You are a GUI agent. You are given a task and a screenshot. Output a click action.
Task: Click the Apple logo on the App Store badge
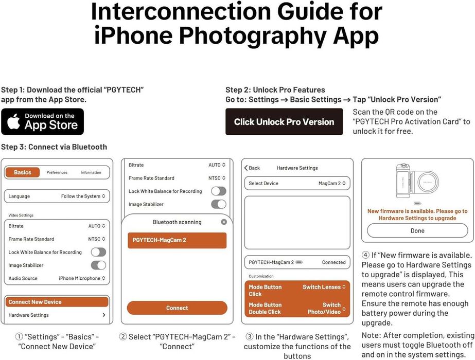coord(13,121)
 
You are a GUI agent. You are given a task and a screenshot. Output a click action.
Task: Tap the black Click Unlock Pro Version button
coord(284,122)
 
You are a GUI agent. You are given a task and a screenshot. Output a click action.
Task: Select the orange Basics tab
coord(23,172)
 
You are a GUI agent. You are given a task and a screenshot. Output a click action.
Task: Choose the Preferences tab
coord(57,172)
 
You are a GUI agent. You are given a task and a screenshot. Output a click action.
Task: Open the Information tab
coord(91,172)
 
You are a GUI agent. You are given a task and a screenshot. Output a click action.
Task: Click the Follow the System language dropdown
coord(83,196)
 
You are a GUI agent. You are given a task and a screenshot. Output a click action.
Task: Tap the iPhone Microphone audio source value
coord(82,278)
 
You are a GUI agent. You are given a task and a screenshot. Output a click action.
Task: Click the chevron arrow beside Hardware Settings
coord(104,315)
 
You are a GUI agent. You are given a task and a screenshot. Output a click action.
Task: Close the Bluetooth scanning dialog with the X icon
coord(224,222)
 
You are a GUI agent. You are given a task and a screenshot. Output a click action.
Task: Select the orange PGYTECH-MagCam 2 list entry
coord(177,240)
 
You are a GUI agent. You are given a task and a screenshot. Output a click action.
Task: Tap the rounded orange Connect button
coord(177,308)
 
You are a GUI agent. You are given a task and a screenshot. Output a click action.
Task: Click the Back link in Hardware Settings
coord(252,168)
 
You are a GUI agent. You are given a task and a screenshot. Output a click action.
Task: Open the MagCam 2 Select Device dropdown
coord(332,183)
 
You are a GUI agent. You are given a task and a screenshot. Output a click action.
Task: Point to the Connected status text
coord(333,262)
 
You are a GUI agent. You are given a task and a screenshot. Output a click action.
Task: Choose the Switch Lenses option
coord(324,287)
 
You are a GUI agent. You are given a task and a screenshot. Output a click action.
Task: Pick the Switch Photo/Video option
coord(326,308)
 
